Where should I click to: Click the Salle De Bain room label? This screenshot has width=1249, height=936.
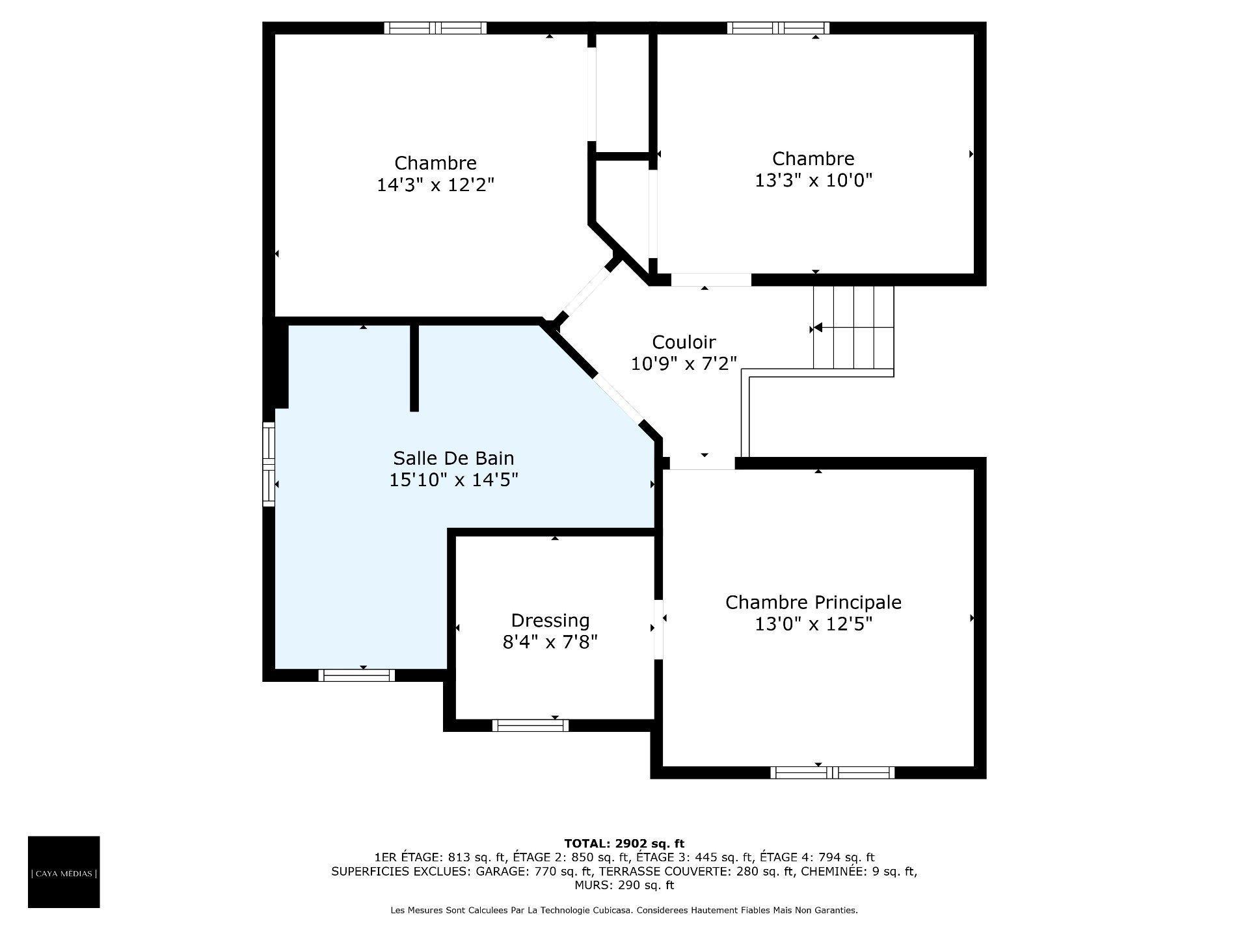(x=453, y=458)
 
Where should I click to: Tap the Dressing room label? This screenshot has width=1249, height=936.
(x=550, y=621)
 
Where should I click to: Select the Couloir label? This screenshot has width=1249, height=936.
(x=684, y=342)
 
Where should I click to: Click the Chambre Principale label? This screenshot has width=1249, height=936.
(x=813, y=603)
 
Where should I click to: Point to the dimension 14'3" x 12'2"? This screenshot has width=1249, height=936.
(x=435, y=185)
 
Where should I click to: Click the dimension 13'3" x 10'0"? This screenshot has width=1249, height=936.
(x=813, y=181)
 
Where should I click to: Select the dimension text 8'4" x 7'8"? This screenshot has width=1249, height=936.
(x=550, y=643)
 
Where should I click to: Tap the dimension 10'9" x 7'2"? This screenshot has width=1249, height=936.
(x=684, y=364)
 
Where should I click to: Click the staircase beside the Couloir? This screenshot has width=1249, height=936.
(x=853, y=328)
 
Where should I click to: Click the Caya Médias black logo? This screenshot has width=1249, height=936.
(x=64, y=872)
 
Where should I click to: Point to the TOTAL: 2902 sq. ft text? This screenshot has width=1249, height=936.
(x=624, y=844)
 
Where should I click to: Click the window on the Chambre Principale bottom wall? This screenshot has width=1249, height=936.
(x=832, y=773)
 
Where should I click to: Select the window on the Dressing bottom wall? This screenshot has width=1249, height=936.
(x=530, y=725)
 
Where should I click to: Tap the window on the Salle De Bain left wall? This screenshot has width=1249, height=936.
(x=268, y=463)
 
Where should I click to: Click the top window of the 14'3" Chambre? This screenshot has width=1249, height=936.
(x=435, y=28)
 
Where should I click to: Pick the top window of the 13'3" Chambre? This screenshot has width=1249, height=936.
(x=778, y=28)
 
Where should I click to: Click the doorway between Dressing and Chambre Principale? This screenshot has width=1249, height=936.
(x=658, y=629)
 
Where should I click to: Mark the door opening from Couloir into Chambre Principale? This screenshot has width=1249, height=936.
(x=703, y=463)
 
